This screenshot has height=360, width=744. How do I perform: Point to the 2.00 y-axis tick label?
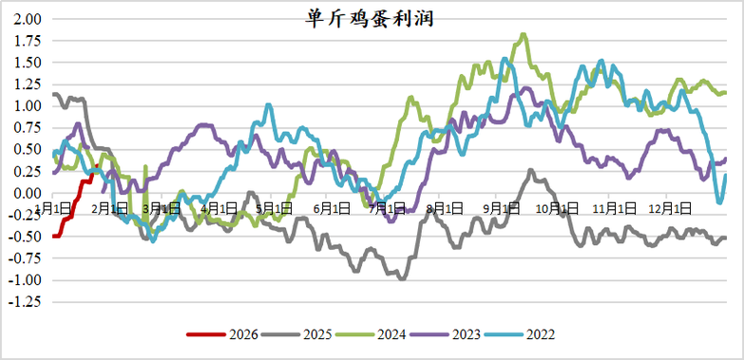click(x=28, y=19)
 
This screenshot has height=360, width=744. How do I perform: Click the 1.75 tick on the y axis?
click(x=28, y=41)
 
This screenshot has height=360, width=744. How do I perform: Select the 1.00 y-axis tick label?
click(x=28, y=105)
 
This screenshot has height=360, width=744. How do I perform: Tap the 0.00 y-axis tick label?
click(x=28, y=193)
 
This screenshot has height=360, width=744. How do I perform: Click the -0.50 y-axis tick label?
click(x=25, y=237)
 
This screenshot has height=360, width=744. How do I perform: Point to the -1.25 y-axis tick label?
click(x=25, y=302)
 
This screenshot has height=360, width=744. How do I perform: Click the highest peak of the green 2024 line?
click(x=525, y=35)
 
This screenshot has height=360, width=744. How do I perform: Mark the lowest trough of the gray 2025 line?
click(x=402, y=278)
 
